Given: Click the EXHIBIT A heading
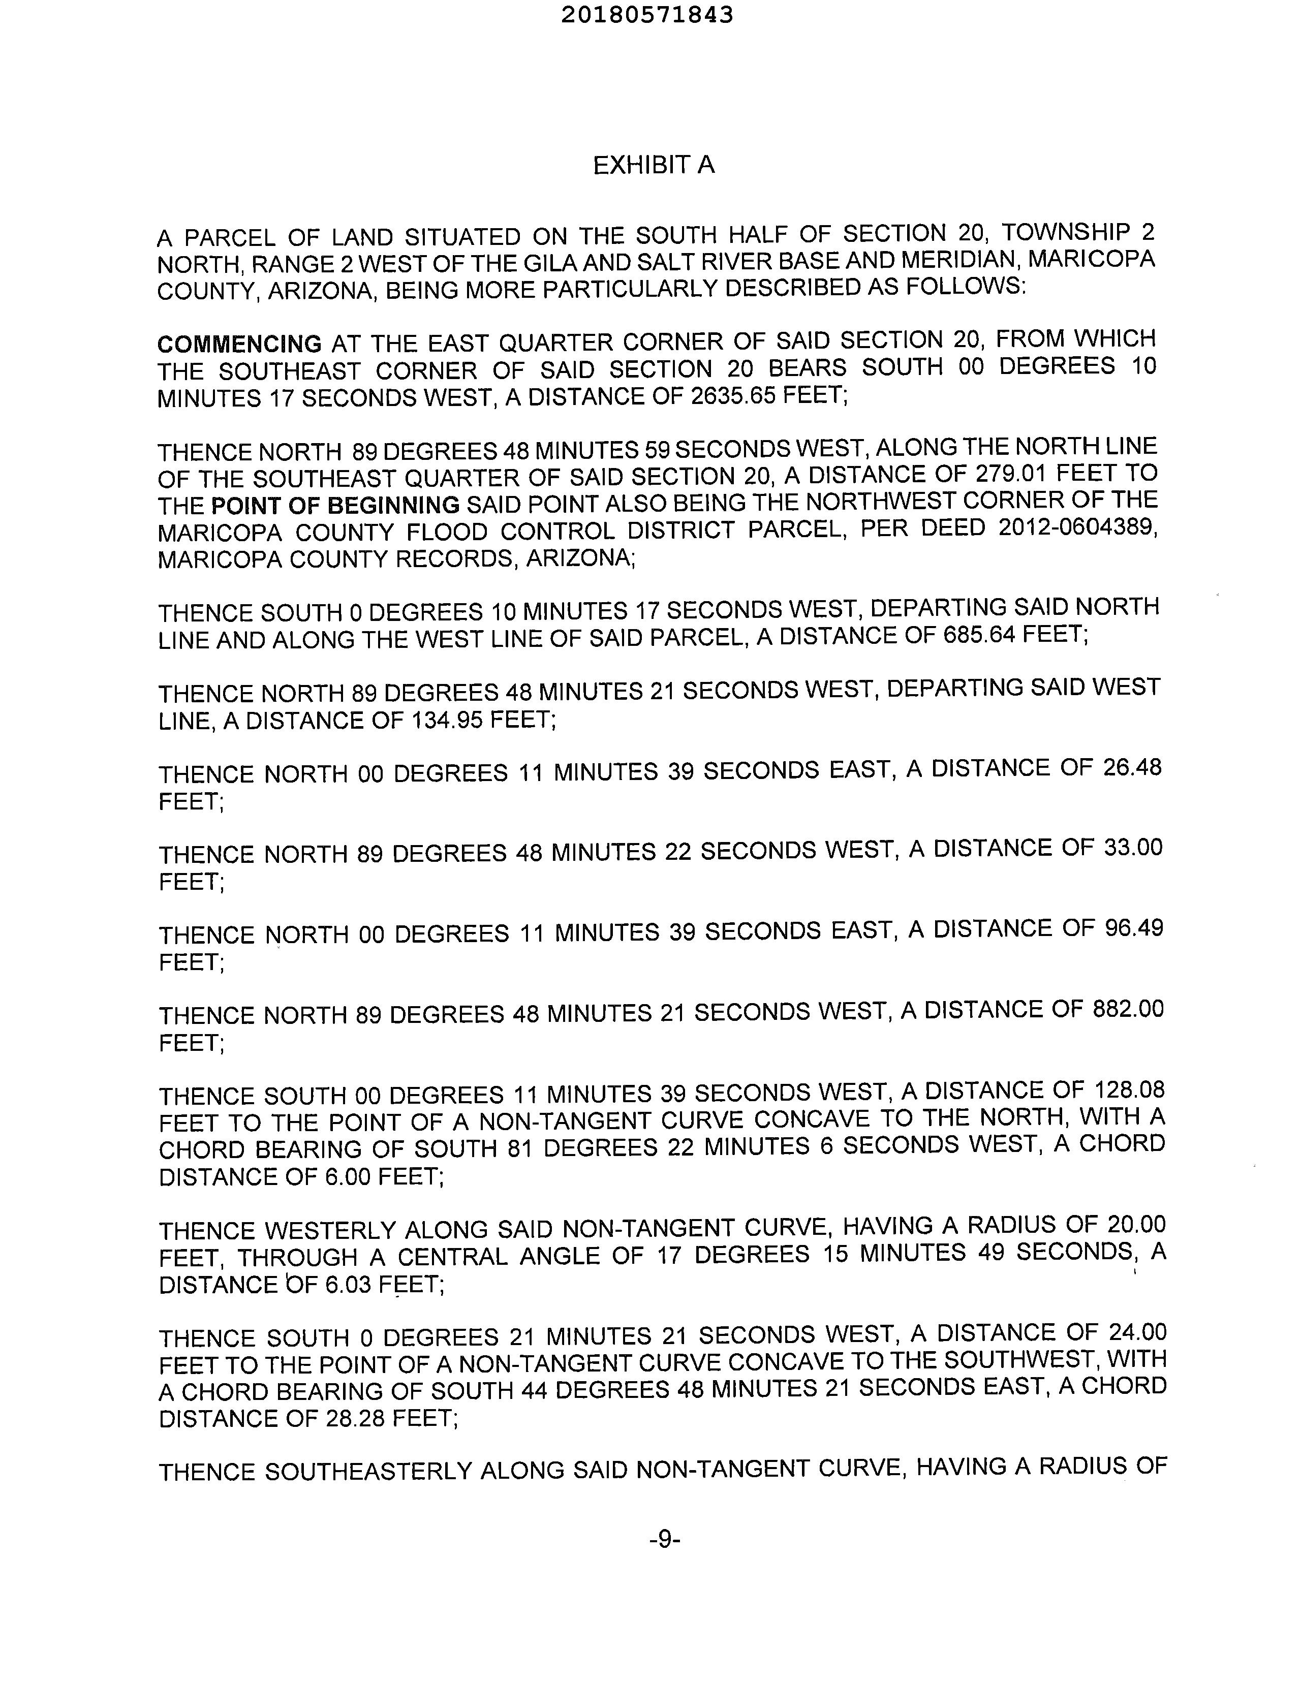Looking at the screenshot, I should coord(654,165).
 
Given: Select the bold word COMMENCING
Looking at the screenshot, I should coord(240,343).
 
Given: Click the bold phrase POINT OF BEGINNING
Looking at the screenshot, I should coord(335,506).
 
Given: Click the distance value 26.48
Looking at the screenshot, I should coord(1131,767).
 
